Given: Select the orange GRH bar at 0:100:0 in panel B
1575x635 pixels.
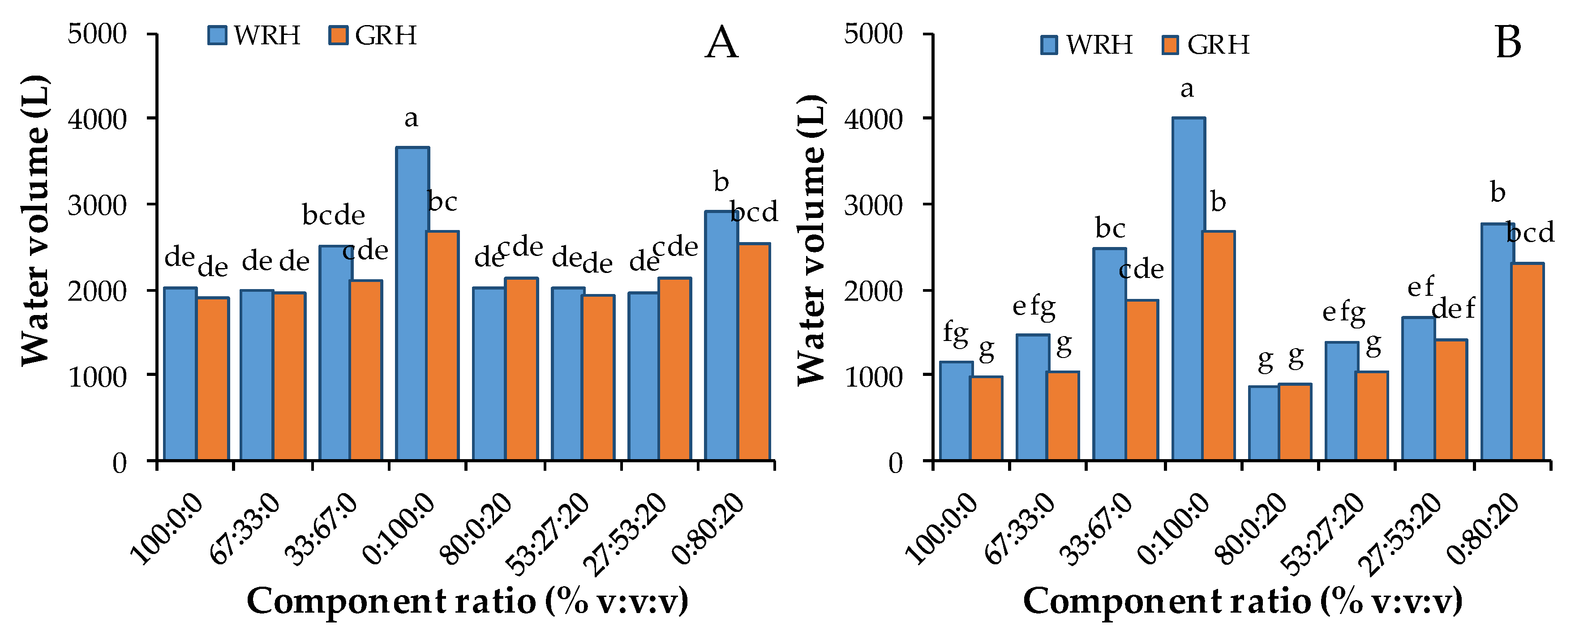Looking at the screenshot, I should point(1219,346).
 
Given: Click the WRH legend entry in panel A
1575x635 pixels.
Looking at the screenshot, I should point(254,35).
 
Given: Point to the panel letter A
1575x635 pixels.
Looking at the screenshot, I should point(721,43).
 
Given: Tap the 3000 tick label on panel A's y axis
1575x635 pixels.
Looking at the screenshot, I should point(97,205).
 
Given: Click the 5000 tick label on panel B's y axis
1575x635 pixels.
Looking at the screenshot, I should point(873,34).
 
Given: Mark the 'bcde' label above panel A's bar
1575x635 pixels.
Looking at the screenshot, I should point(333,215).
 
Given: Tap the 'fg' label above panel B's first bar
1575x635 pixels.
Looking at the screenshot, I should point(955,333).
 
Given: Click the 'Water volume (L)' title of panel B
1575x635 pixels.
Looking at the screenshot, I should point(811,239).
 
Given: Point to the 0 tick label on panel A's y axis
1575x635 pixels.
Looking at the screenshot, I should point(119,463).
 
